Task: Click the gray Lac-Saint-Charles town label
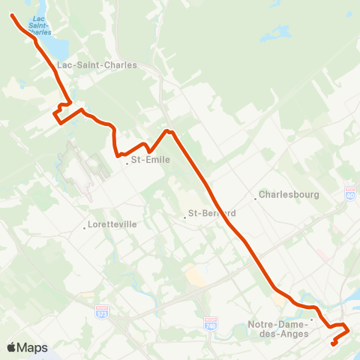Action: point(97,64)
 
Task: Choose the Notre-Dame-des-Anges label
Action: point(277,329)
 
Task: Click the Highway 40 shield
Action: point(350,192)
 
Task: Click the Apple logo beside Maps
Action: point(12,347)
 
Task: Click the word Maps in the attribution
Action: point(33,347)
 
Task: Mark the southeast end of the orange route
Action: point(334,344)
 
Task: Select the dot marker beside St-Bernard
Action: point(184,218)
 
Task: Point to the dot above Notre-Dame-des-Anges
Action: point(311,319)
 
